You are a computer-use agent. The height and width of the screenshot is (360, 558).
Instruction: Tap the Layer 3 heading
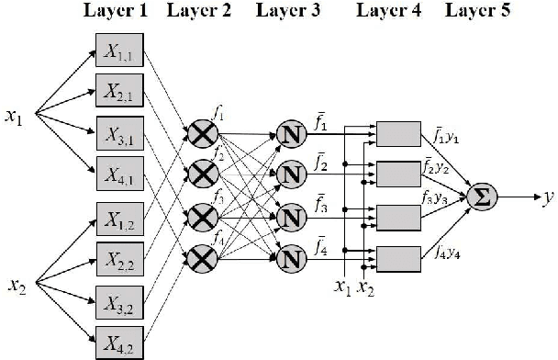pyautogui.click(x=286, y=10)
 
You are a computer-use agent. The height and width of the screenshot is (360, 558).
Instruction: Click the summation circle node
pyautogui.click(x=480, y=197)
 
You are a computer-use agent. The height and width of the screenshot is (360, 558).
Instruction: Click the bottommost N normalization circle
pyautogui.click(x=292, y=254)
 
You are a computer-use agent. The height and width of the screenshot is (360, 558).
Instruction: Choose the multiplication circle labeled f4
pyautogui.click(x=201, y=254)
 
